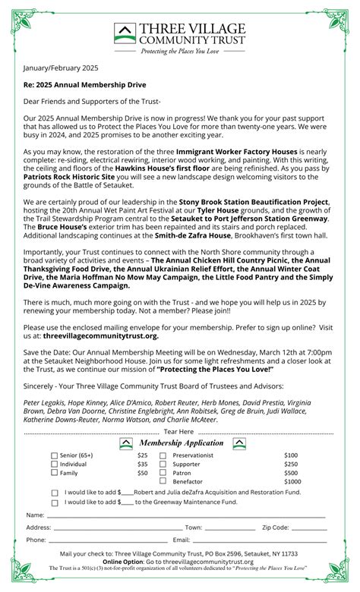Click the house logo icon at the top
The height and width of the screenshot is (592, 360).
coord(125,33)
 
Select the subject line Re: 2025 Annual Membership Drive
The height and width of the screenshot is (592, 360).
coord(84,84)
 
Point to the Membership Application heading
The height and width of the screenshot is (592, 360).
coord(180,442)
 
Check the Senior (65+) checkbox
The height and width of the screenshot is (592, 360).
coord(55,455)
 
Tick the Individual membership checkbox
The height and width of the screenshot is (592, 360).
coord(55,464)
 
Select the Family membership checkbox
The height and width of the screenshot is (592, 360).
coord(55,472)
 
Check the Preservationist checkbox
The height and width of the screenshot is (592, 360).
coord(163,455)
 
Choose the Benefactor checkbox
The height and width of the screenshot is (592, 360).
coord(163,481)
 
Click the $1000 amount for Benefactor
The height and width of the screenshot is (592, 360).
coord(292,481)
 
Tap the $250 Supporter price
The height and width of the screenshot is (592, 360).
coord(291,464)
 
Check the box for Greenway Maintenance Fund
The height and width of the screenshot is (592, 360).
coord(55,502)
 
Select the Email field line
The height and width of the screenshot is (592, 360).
coord(258,541)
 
